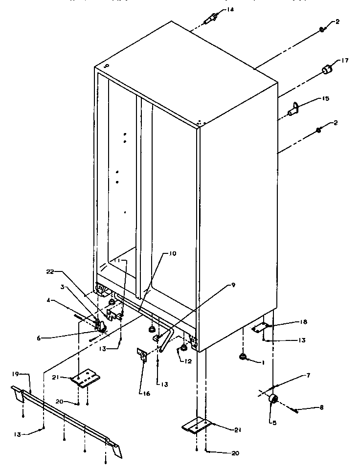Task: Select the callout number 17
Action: [x=344, y=61]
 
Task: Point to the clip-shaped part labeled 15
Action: [x=295, y=109]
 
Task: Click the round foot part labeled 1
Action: [x=242, y=358]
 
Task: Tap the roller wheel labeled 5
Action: [x=273, y=400]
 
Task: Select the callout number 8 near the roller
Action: [x=307, y=407]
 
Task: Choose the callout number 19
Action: [x=15, y=374]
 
